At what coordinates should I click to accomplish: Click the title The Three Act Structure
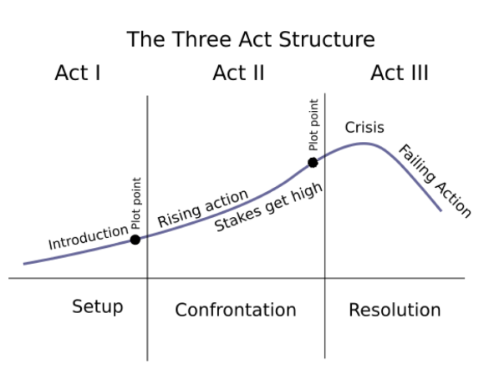pyautogui.click(x=251, y=39)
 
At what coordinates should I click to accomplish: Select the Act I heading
pyautogui.click(x=78, y=73)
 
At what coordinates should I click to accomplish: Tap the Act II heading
pyautogui.click(x=238, y=73)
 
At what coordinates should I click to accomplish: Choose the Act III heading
pyautogui.click(x=400, y=73)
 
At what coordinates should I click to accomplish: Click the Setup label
pyautogui.click(x=97, y=306)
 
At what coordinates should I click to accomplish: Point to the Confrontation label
pyautogui.click(x=235, y=311)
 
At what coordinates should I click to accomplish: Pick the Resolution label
pyautogui.click(x=395, y=311)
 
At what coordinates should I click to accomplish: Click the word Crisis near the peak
pyautogui.click(x=364, y=128)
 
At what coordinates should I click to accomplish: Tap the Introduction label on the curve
pyautogui.click(x=88, y=237)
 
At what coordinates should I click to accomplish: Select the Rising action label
pyautogui.click(x=203, y=209)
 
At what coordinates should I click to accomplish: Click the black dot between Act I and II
pyautogui.click(x=135, y=240)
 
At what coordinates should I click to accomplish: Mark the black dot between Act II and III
pyautogui.click(x=313, y=163)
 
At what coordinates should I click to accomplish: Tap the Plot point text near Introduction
pyautogui.click(x=137, y=205)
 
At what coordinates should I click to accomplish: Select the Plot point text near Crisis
pyautogui.click(x=314, y=126)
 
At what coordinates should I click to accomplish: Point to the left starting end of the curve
pyautogui.click(x=24, y=264)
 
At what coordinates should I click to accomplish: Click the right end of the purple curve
pyautogui.click(x=441, y=210)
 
